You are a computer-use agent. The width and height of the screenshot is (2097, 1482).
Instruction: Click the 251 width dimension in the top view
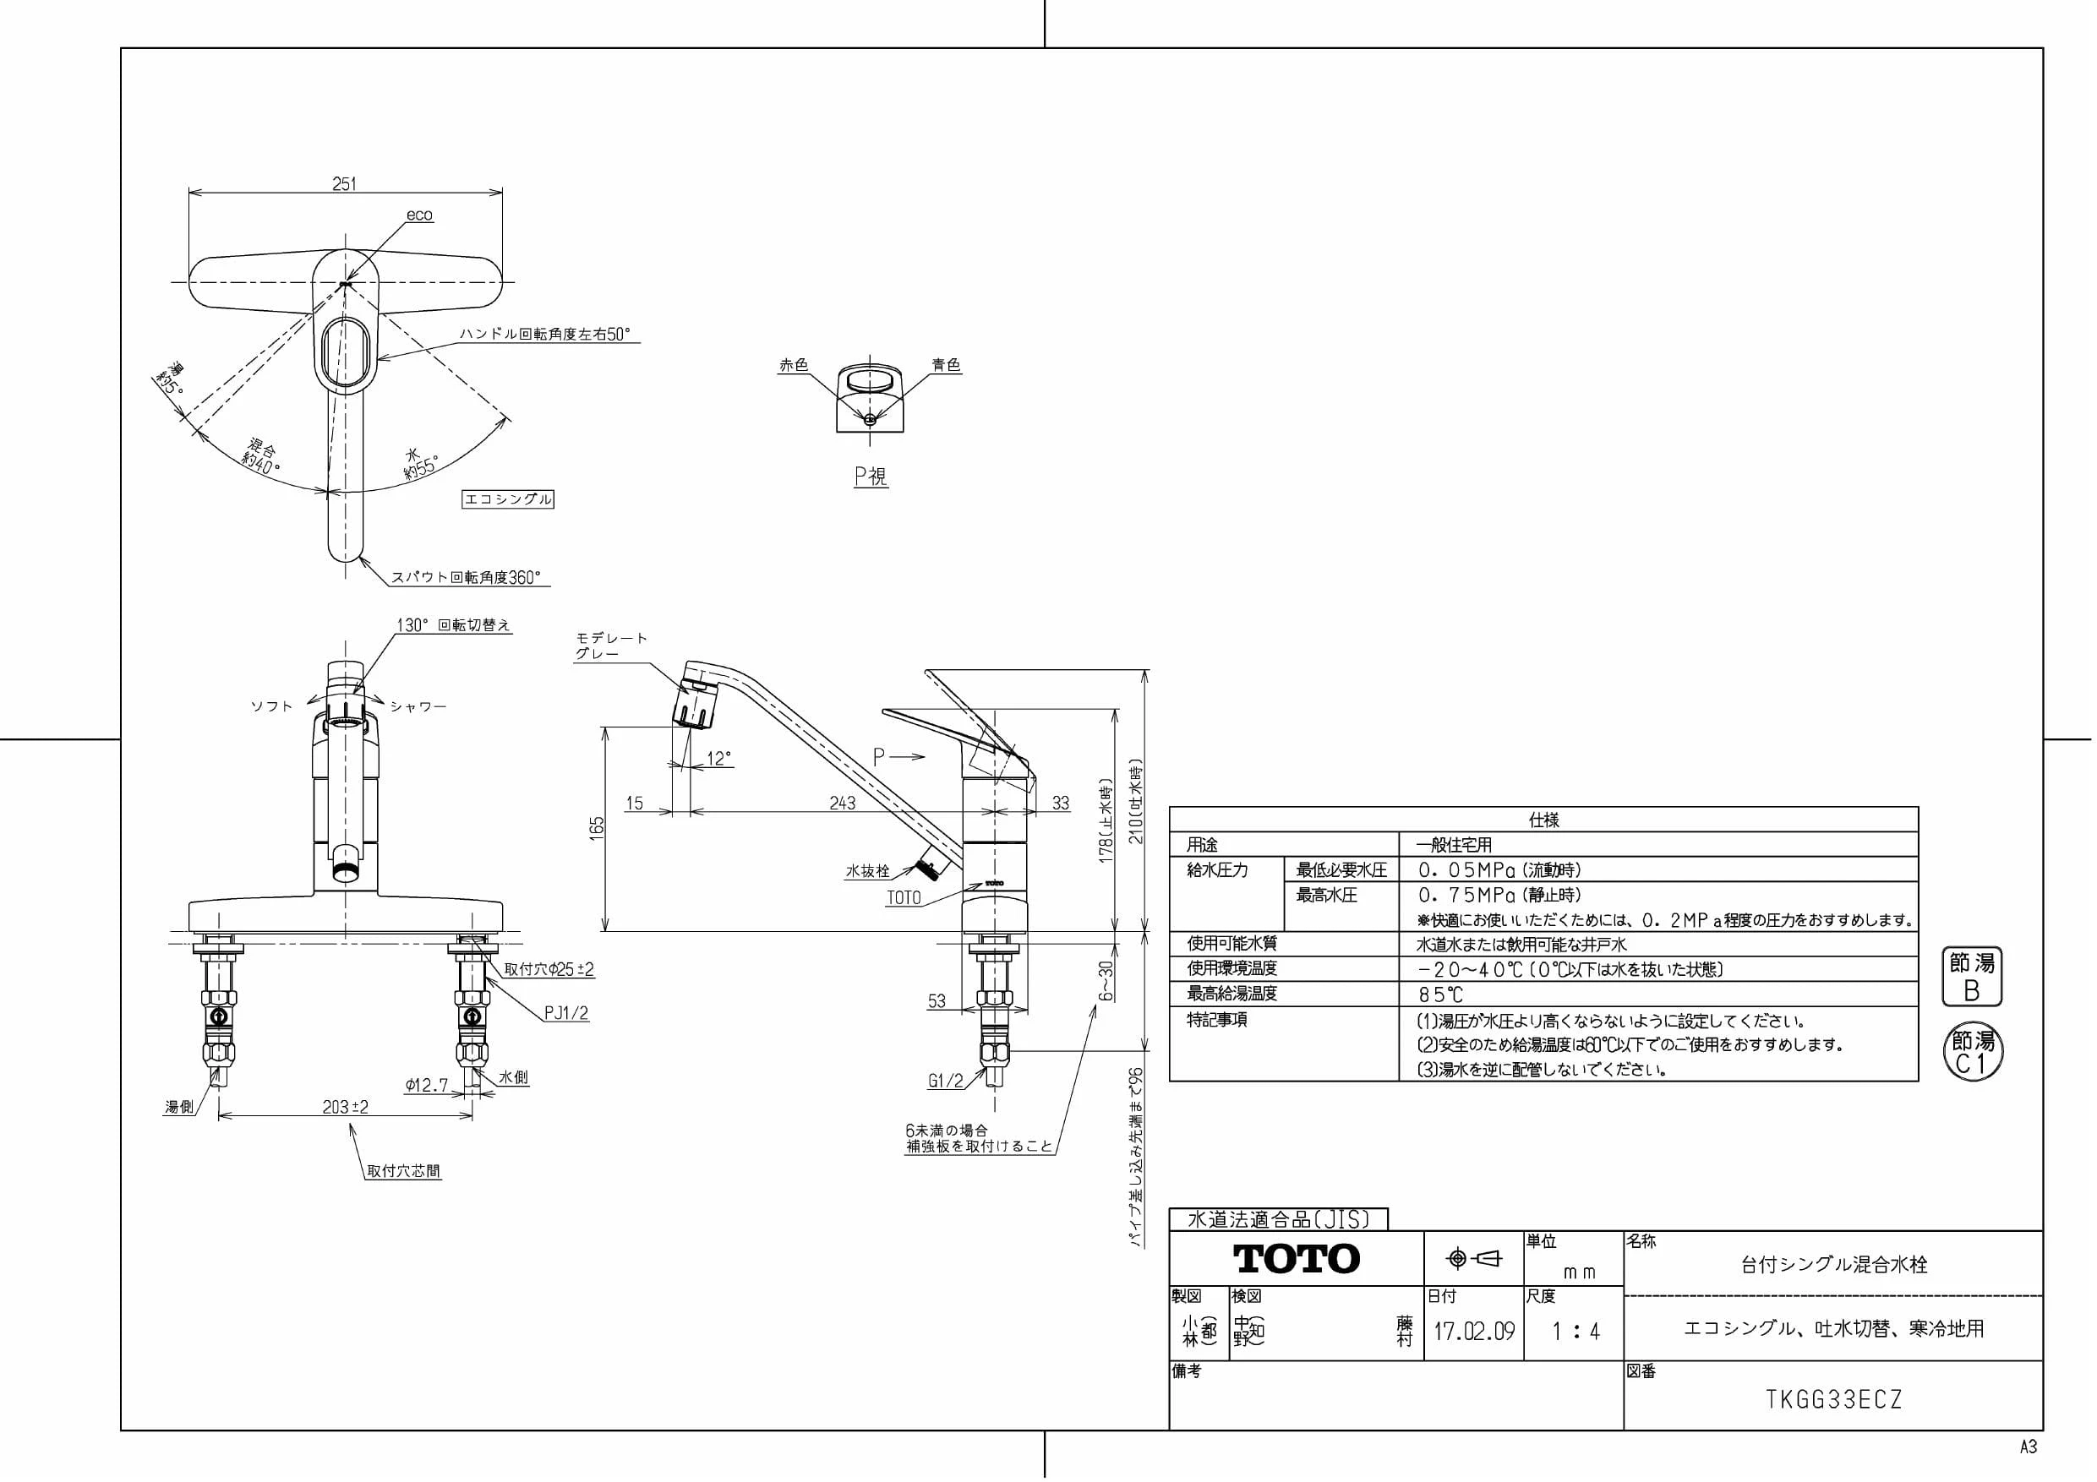pyautogui.click(x=344, y=183)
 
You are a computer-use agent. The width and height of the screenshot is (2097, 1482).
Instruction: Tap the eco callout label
pyautogui.click(x=419, y=215)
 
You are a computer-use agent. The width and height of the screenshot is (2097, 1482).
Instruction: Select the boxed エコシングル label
pyautogui.click(x=508, y=499)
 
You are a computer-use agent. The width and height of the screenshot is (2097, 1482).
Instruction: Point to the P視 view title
pyautogui.click(x=871, y=476)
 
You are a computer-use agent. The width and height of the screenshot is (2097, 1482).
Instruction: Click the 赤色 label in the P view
pyautogui.click(x=794, y=365)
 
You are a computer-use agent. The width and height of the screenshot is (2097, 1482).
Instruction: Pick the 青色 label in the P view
pyautogui.click(x=946, y=365)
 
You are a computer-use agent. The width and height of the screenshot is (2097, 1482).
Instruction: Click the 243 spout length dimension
pyautogui.click(x=842, y=803)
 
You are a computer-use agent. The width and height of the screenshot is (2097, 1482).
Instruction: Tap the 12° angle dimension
pyautogui.click(x=719, y=759)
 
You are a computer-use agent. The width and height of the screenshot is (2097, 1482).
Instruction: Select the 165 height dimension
pyautogui.click(x=597, y=828)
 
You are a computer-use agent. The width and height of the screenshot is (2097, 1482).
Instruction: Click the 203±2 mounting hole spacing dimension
pyautogui.click(x=345, y=1107)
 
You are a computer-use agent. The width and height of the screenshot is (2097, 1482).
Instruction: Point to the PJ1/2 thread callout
pyautogui.click(x=566, y=1013)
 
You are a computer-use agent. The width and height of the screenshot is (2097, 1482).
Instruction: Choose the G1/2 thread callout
pyautogui.click(x=945, y=1082)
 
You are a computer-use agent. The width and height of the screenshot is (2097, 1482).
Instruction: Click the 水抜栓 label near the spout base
pyautogui.click(x=866, y=871)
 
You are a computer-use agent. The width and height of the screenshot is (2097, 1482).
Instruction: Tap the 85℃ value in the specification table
pyautogui.click(x=1440, y=994)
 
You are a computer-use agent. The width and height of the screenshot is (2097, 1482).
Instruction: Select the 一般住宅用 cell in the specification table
pyautogui.click(x=1454, y=845)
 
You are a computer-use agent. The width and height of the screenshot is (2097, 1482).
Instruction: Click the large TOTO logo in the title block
pyautogui.click(x=1297, y=1259)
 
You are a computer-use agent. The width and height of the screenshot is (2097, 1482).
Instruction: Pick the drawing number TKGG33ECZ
pyautogui.click(x=1834, y=1400)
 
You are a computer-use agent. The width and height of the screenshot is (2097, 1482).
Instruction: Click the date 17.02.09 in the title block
pyautogui.click(x=1474, y=1331)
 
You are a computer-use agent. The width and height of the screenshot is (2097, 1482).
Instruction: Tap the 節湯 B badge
pyautogui.click(x=1972, y=976)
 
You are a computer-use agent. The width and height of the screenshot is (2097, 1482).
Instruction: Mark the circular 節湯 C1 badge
pyautogui.click(x=1973, y=1051)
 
